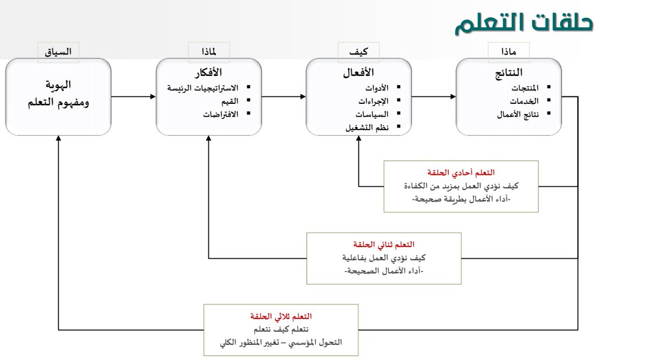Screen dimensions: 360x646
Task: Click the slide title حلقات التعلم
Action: (523, 24)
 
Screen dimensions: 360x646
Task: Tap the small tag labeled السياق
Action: (58, 52)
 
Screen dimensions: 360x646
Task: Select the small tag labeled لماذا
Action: (209, 52)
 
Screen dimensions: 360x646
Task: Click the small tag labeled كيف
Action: (359, 52)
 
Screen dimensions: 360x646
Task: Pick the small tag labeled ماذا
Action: (509, 52)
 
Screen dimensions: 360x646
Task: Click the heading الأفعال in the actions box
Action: (359, 73)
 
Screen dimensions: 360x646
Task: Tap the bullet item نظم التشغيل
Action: (367, 128)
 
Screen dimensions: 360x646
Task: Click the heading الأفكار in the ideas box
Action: (209, 73)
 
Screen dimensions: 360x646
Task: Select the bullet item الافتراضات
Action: (220, 114)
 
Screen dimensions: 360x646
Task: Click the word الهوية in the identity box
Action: (58, 85)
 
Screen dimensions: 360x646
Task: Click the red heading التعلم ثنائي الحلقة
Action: (384, 245)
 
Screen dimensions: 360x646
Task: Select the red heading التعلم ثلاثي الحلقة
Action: (281, 316)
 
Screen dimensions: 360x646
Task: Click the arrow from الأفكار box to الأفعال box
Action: (284, 97)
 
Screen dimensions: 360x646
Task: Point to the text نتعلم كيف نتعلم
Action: (281, 329)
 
